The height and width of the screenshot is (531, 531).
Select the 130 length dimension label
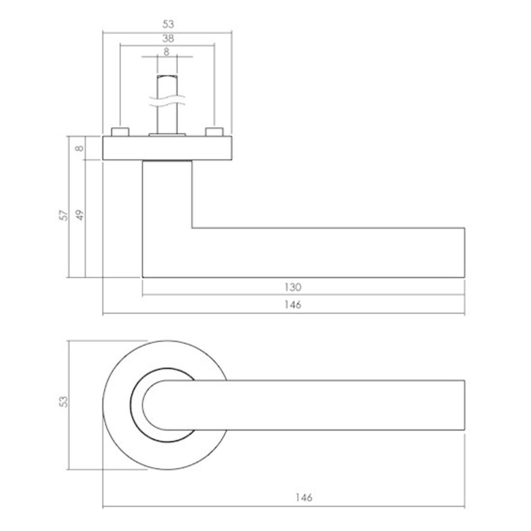pyautogui.click(x=293, y=287)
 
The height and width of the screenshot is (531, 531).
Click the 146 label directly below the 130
pyautogui.click(x=293, y=305)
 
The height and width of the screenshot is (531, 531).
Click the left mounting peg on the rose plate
pyautogui.click(x=120, y=132)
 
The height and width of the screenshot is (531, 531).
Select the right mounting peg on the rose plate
pyautogui.click(x=215, y=132)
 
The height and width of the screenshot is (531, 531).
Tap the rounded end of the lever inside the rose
pyautogui.click(x=151, y=405)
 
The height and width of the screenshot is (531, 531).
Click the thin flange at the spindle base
pyautogui.click(x=167, y=135)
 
